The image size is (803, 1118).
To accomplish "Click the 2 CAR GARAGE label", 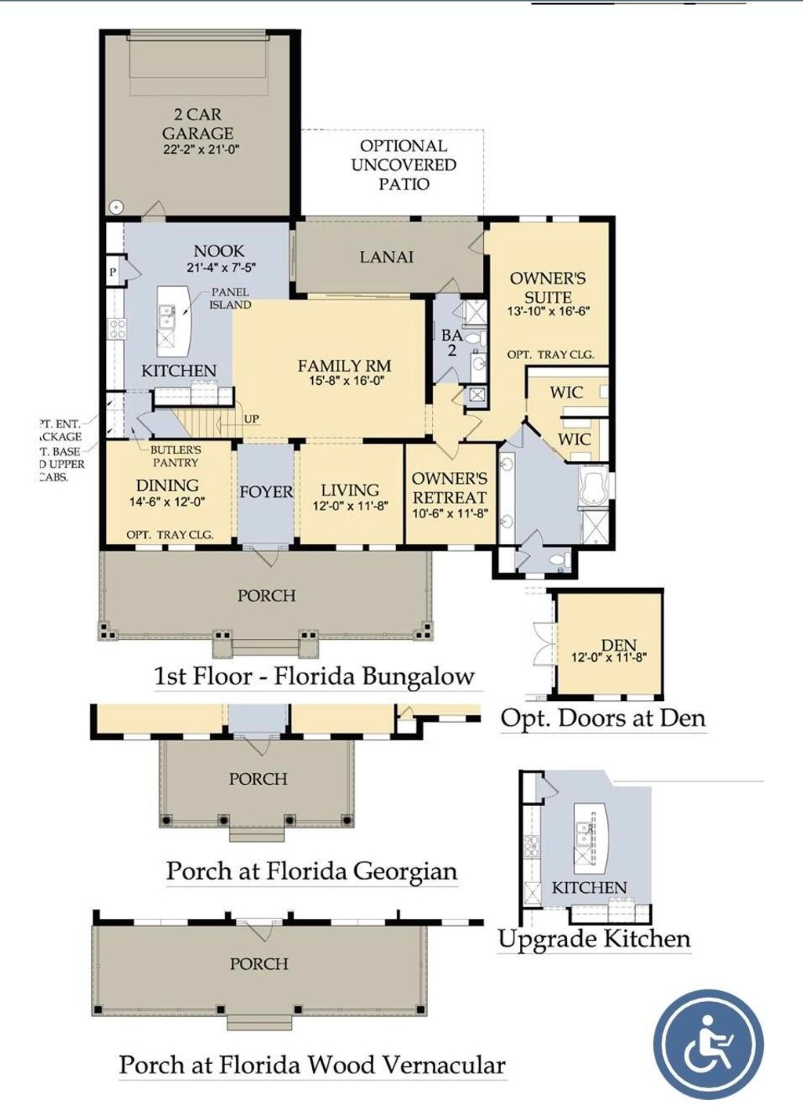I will pyautogui.click(x=198, y=124).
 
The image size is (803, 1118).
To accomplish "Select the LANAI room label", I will pyautogui.click(x=387, y=257).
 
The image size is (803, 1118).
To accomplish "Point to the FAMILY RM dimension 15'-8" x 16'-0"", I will pyautogui.click(x=344, y=382).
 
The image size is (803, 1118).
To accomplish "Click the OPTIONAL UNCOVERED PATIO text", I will pyautogui.click(x=403, y=165).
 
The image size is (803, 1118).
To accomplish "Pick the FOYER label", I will pyautogui.click(x=266, y=492).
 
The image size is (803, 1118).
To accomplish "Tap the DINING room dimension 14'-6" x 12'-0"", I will pyautogui.click(x=167, y=502).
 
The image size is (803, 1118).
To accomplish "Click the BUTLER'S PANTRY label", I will pyautogui.click(x=176, y=456).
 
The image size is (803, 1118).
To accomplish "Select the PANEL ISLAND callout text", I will pyautogui.click(x=230, y=298).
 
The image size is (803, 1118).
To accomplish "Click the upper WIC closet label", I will pyautogui.click(x=566, y=392).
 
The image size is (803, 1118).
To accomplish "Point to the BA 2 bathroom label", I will pyautogui.click(x=451, y=343).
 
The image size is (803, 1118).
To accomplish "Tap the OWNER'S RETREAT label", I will pyautogui.click(x=449, y=488).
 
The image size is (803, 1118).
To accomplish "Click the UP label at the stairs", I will pyautogui.click(x=251, y=419).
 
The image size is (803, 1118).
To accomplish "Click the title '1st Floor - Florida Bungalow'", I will pyautogui.click(x=314, y=676).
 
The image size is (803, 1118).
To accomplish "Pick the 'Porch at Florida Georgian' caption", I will pyautogui.click(x=311, y=871).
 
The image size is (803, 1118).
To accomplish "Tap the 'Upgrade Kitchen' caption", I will pyautogui.click(x=594, y=938).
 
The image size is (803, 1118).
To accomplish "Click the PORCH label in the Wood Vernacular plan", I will pyautogui.click(x=259, y=964).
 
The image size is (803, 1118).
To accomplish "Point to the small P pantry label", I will pyautogui.click(x=113, y=272).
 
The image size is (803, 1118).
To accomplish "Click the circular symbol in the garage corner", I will pyautogui.click(x=117, y=207).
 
